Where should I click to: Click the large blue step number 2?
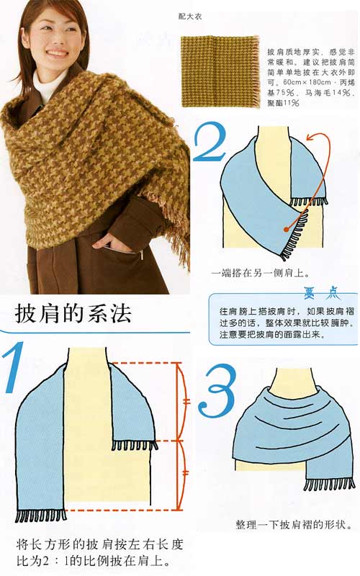click(211, 145)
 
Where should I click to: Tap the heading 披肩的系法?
click(72, 315)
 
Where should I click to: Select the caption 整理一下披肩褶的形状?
click(293, 525)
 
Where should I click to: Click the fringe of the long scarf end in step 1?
click(40, 516)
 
